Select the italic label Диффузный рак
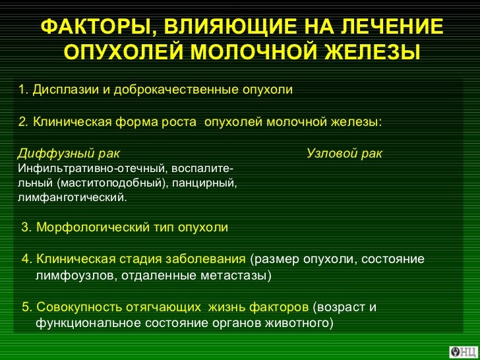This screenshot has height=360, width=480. point(69,154)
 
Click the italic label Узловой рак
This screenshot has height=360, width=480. point(344,154)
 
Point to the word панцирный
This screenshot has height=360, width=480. point(208,182)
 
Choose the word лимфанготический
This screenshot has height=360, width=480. point(71,196)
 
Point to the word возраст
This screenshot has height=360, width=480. point(340,307)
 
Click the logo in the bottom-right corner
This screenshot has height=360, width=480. point(464,351)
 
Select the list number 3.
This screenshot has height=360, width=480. point(26,227)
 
